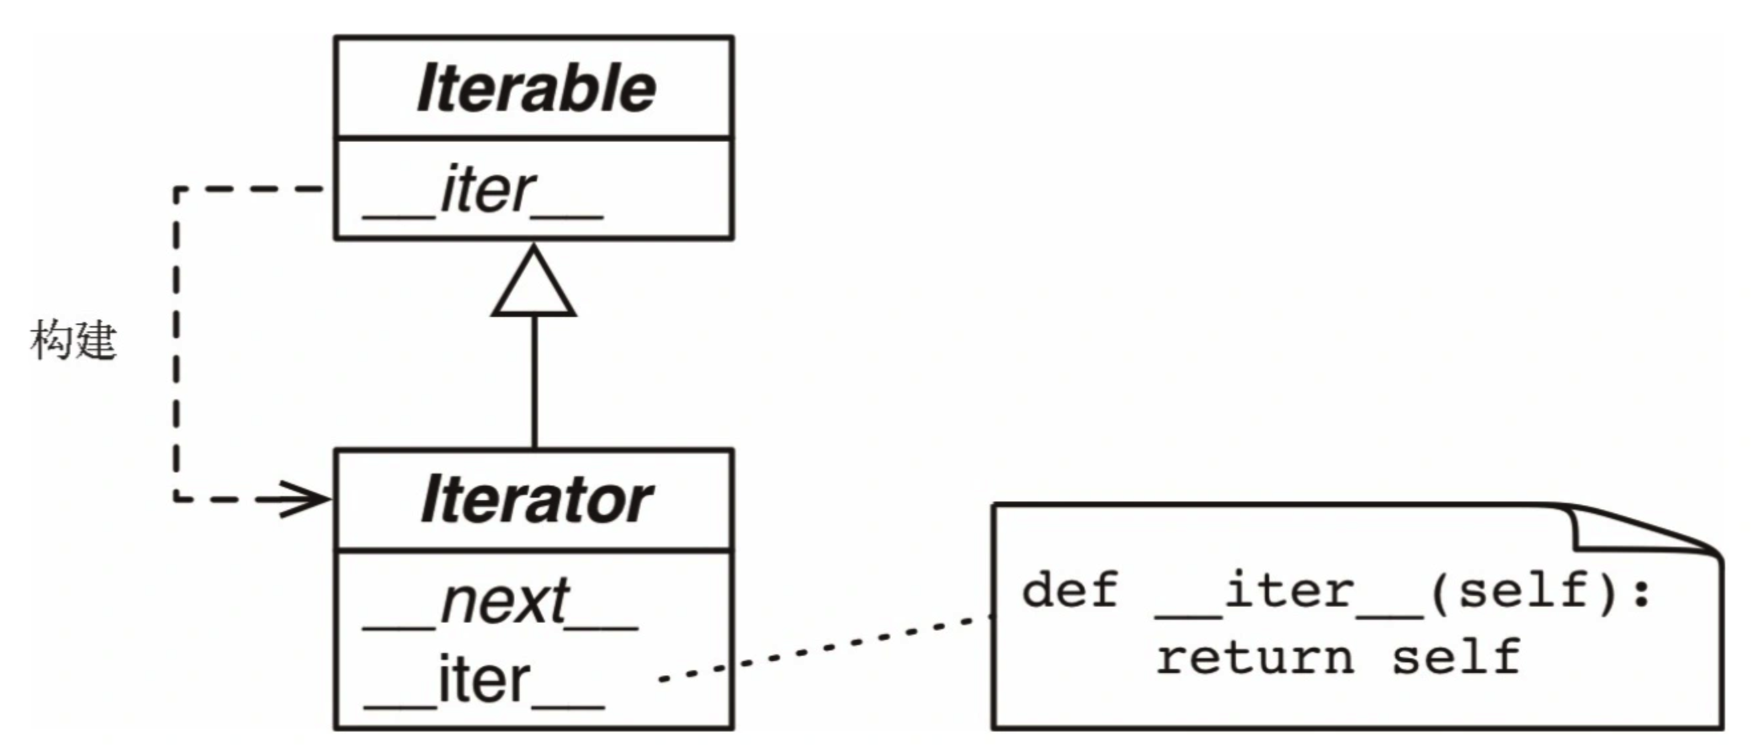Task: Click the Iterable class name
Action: coord(536,88)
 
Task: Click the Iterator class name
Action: coord(536,501)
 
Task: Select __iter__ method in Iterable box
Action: coord(484,192)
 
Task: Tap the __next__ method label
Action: coord(501,603)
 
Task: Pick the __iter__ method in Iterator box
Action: coord(484,680)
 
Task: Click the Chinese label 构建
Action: coord(74,339)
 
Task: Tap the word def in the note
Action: coord(1070,590)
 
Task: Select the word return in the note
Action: coord(1255,658)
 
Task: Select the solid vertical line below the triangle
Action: coord(534,381)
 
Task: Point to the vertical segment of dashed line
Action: coord(177,340)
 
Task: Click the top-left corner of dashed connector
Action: coord(177,189)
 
